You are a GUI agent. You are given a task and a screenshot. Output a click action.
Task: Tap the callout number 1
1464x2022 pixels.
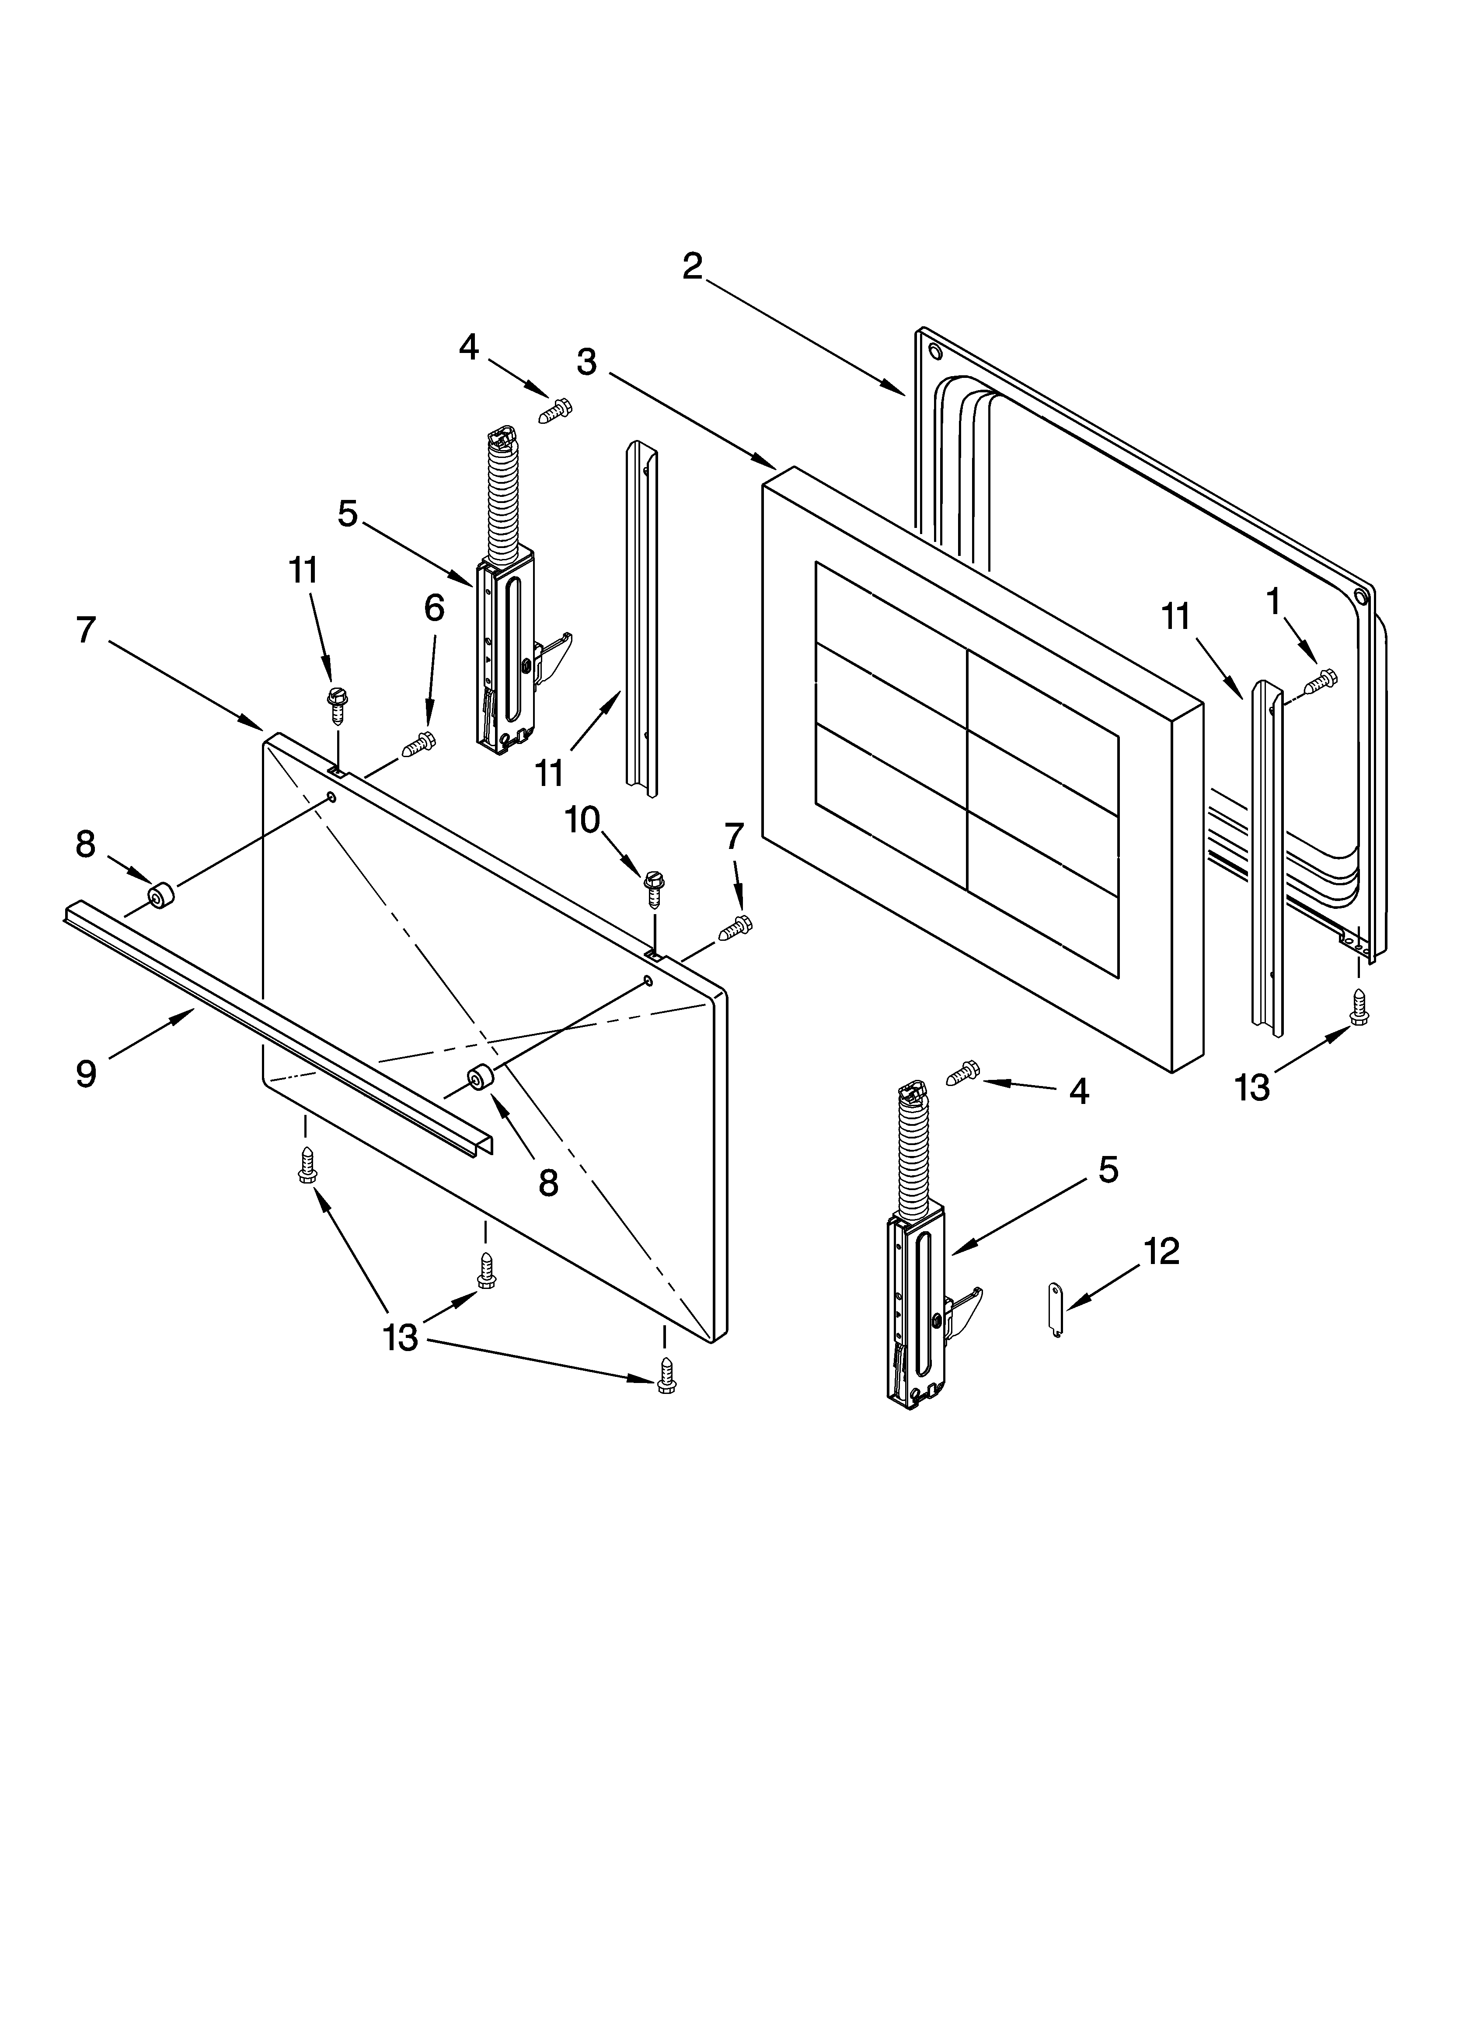pos(1273,602)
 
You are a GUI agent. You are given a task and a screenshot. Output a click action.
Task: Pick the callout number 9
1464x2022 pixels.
pos(86,1073)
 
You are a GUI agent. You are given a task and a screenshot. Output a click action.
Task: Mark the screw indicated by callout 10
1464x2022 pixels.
pos(653,888)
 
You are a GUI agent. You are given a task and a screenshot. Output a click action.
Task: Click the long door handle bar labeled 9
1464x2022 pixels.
pos(268,1025)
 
